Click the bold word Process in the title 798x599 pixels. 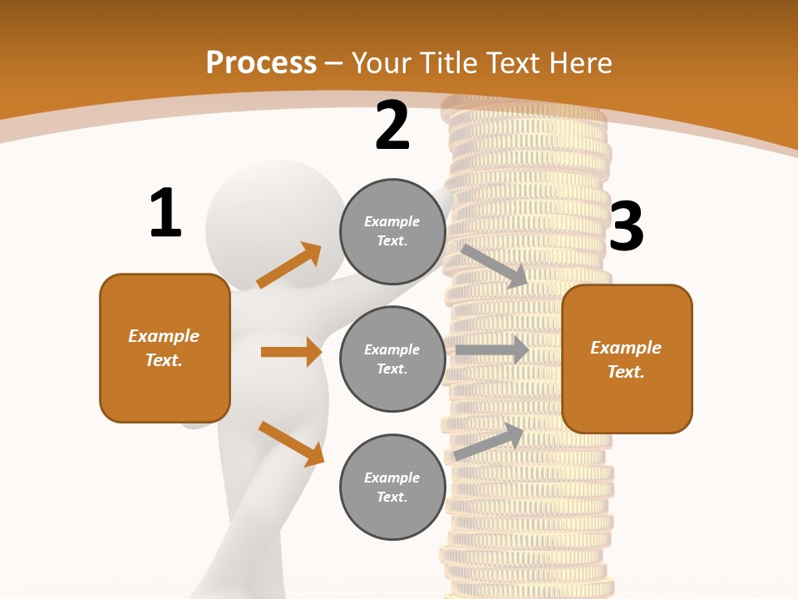coord(261,62)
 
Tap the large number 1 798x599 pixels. coord(165,213)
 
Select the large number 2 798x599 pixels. coord(392,126)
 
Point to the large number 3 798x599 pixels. coord(626,226)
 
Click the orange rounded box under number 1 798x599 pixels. coord(165,348)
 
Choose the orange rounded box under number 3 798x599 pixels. coord(627,359)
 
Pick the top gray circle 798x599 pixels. coord(392,231)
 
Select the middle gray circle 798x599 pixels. coord(392,359)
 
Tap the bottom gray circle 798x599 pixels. coord(392,487)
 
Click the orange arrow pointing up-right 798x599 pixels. coord(289,265)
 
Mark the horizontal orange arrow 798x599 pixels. coord(291,352)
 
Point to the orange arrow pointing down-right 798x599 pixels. coord(291,443)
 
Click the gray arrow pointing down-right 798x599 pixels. coord(495,266)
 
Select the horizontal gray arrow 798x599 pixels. coord(491,350)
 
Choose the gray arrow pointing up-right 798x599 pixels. coord(489,442)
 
